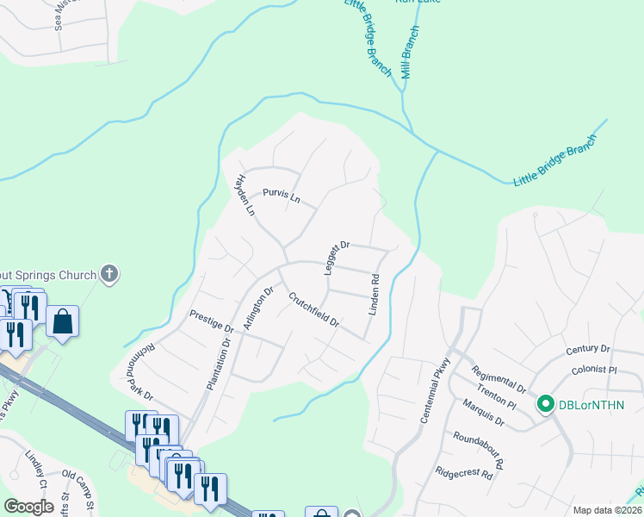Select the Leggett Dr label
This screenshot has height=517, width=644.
(x=337, y=258)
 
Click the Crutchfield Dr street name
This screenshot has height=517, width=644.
(x=313, y=311)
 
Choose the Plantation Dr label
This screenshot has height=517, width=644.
(x=218, y=364)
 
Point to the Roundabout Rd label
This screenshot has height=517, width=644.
(x=480, y=448)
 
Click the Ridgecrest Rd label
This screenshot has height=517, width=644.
(x=463, y=473)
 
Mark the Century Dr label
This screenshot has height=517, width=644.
(x=588, y=349)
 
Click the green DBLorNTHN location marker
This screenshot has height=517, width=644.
(x=545, y=403)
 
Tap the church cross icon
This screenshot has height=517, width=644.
(x=109, y=275)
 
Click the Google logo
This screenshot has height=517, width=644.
(x=28, y=506)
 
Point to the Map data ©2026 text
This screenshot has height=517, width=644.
(x=607, y=510)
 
